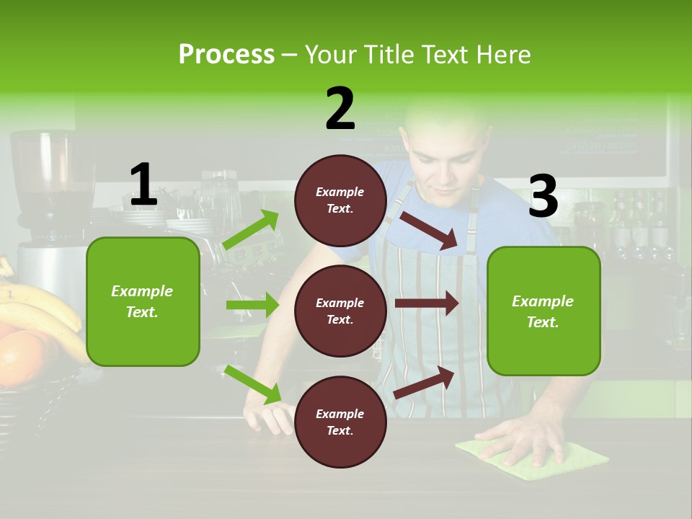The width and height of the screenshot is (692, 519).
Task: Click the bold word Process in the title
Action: point(226,55)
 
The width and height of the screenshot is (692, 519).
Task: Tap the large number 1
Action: point(143,185)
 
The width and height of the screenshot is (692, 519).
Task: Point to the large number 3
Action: point(543,196)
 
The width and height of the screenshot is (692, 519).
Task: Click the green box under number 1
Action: point(143,301)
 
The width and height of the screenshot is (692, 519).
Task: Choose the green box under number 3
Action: point(544,311)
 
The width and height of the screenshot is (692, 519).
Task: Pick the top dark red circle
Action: point(340,200)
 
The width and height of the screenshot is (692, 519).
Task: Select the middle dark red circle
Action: point(340,311)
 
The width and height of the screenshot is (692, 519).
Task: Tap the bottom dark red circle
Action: point(340,422)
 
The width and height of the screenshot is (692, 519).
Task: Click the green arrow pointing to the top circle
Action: point(252,230)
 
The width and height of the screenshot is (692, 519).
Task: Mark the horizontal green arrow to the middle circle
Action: point(252,305)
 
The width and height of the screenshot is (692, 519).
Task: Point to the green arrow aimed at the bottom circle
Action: point(253,384)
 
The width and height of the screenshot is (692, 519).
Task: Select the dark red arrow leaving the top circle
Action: point(429,231)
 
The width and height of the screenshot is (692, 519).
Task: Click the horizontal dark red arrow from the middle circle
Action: point(427,303)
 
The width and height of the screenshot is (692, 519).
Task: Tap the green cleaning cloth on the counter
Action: point(533,452)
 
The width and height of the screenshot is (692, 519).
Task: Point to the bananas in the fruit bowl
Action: point(43,310)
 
